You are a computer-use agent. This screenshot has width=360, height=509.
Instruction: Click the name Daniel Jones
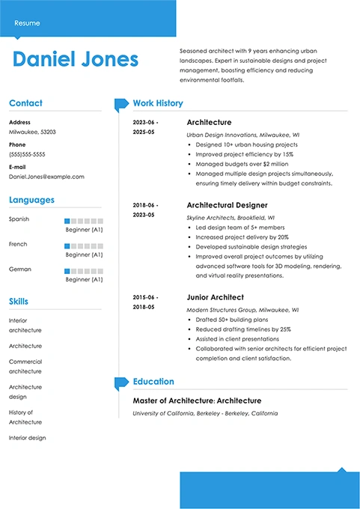coord(76,60)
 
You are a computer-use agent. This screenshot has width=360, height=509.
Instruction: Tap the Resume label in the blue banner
coord(27,23)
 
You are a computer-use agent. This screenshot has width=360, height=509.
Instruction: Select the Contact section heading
coord(25,103)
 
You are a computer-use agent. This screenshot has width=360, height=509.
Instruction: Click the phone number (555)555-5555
coord(27,154)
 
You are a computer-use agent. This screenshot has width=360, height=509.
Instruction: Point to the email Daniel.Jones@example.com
coord(46,177)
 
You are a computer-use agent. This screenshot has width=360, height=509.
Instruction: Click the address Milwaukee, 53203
coord(32,131)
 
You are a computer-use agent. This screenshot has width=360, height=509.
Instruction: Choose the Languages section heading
coord(31,200)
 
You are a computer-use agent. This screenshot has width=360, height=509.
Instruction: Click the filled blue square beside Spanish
coord(67,221)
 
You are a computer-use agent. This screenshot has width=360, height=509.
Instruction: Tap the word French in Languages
coord(18,244)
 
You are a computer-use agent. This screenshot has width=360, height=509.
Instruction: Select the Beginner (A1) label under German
coord(84,279)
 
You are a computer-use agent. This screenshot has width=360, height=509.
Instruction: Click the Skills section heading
coord(19,302)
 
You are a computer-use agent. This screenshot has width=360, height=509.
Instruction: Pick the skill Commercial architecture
coord(25,367)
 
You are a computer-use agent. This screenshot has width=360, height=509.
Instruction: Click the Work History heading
coord(157,103)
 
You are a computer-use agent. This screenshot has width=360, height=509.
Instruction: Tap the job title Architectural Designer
coord(227,205)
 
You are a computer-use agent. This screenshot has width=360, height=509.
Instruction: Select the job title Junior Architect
coord(215,297)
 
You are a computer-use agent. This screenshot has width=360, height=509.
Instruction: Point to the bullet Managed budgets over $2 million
coord(242,164)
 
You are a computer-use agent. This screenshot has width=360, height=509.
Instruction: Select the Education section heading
coord(153,382)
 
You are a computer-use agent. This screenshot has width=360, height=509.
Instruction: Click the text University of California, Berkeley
coord(180,413)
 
